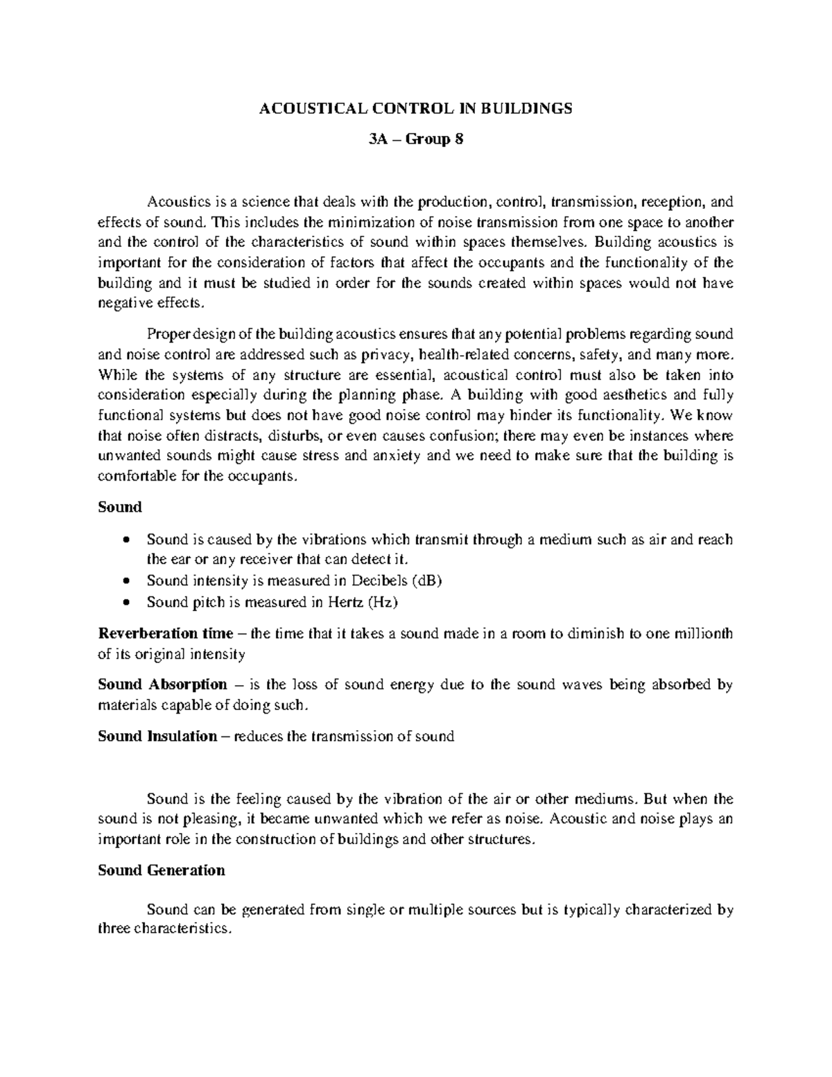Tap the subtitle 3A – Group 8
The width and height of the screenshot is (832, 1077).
tap(415, 140)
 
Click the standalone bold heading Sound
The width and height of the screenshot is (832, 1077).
tap(120, 507)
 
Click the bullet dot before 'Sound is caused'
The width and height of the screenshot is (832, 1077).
tap(125, 540)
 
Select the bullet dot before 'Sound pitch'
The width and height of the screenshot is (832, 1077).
tap(125, 603)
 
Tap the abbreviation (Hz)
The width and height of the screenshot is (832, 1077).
tap(383, 602)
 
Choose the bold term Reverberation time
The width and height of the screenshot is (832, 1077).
tap(166, 634)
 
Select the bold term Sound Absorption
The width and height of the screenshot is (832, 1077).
tap(162, 684)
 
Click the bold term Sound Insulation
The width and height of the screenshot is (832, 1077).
tap(157, 736)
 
